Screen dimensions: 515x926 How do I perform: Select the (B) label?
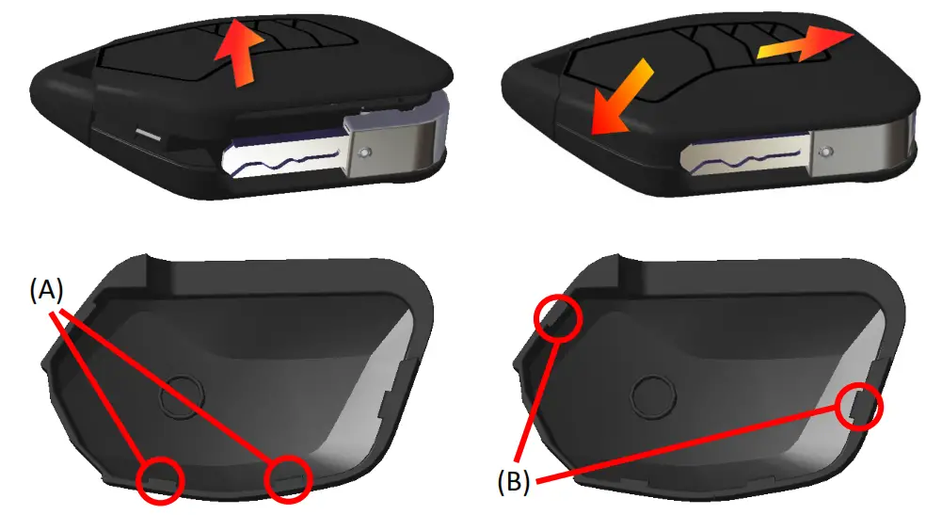tap(513, 483)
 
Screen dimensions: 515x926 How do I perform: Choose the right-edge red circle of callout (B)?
tap(859, 406)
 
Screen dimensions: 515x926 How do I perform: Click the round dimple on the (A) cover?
tap(181, 398)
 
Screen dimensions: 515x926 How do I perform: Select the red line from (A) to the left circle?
tap(104, 386)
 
